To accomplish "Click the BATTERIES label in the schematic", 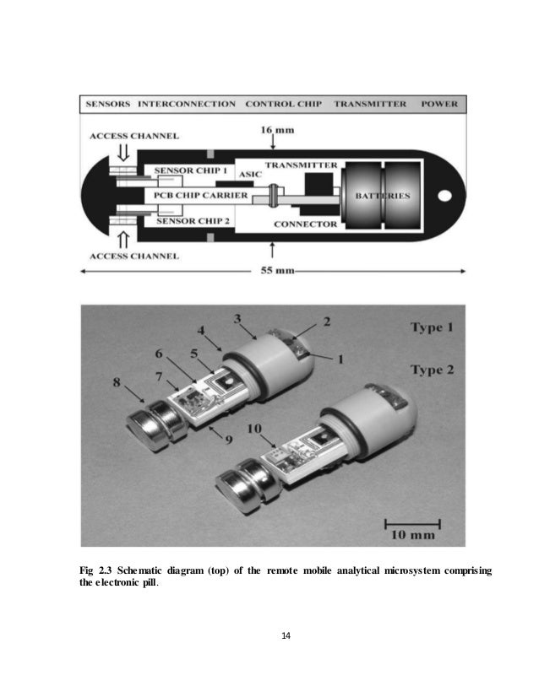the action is click(x=383, y=196).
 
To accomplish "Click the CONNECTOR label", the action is click(x=305, y=224).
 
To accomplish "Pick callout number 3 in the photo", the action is click(x=239, y=317).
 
